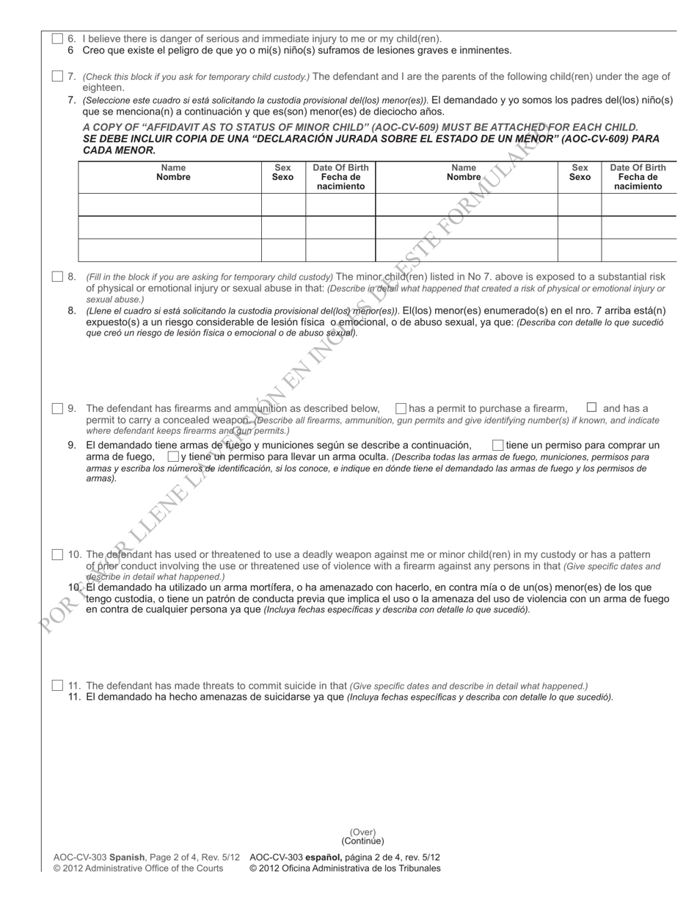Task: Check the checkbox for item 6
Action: pyautogui.click(x=57, y=39)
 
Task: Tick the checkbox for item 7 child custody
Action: pyautogui.click(x=57, y=76)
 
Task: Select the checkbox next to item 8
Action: pyautogui.click(x=57, y=277)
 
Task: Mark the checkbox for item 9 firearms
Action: pyautogui.click(x=57, y=408)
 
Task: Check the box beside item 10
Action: pyautogui.click(x=57, y=555)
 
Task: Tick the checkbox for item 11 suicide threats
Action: pyautogui.click(x=57, y=686)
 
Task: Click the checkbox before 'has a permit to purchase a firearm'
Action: pyautogui.click(x=401, y=408)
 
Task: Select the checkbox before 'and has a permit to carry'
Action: pyautogui.click(x=591, y=407)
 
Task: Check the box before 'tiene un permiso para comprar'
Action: pyautogui.click(x=497, y=445)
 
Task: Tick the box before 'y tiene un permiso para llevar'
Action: pyautogui.click(x=172, y=457)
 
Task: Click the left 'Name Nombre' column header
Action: pyautogui.click(x=169, y=173)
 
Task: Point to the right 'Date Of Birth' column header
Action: pyautogui.click(x=638, y=177)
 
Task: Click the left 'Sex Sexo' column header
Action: pyautogui.click(x=282, y=173)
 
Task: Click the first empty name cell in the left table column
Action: pyautogui.click(x=169, y=204)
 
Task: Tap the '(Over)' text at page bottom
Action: pyautogui.click(x=362, y=832)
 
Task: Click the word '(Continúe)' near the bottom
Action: pyautogui.click(x=362, y=841)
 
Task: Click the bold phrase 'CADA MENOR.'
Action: pyautogui.click(x=119, y=150)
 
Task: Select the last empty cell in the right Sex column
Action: pyautogui.click(x=580, y=250)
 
